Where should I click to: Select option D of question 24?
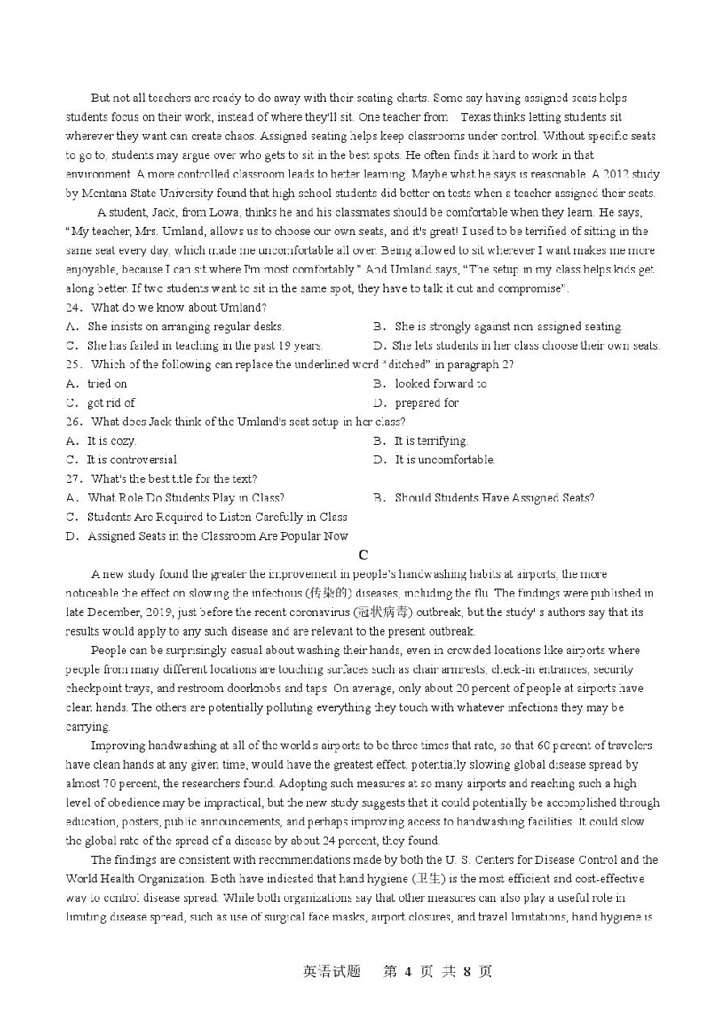[516, 346]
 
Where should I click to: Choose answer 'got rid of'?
[111, 403]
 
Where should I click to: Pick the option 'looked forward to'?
[440, 384]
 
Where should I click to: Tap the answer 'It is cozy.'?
[111, 441]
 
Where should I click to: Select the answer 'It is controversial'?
[132, 459]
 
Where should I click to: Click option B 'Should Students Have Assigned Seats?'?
[494, 498]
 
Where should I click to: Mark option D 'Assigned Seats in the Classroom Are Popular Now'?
[217, 536]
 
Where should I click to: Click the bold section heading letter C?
[363, 555]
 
